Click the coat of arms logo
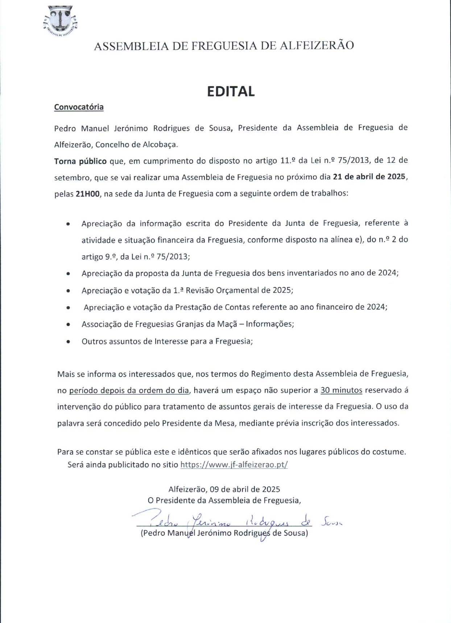click(60, 21)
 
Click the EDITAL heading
click(231, 92)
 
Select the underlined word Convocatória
click(79, 107)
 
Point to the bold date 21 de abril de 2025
click(370, 177)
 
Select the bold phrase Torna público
click(80, 161)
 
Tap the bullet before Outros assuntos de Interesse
click(68, 342)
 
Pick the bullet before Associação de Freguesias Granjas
click(68, 325)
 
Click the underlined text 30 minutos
click(341, 390)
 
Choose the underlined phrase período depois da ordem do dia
click(129, 391)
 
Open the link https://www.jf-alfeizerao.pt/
click(234, 464)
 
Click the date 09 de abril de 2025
click(245, 489)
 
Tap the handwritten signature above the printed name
click(232, 521)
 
